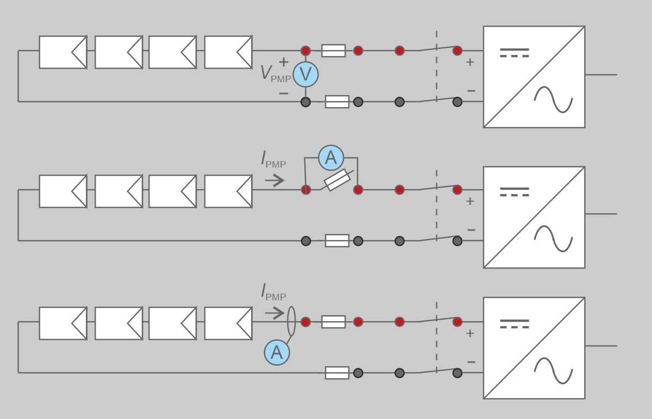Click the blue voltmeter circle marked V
point(305,74)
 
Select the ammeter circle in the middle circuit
point(331,158)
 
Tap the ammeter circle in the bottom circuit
point(277,352)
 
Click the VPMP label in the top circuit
point(275,74)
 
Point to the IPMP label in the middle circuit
point(273,159)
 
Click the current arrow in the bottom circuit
point(275,313)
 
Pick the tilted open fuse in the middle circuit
point(337,180)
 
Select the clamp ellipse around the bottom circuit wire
point(291,321)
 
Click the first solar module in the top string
point(63,52)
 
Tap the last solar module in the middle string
point(228,191)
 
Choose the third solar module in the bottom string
point(173,323)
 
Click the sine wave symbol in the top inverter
point(553,99)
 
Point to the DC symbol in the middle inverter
point(514,192)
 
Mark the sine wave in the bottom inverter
point(553,370)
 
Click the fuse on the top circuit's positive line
point(334,51)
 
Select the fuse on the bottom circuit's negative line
point(337,373)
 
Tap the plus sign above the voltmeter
point(283,61)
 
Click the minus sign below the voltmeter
point(283,94)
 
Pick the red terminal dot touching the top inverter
point(457,51)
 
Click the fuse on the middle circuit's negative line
point(337,241)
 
